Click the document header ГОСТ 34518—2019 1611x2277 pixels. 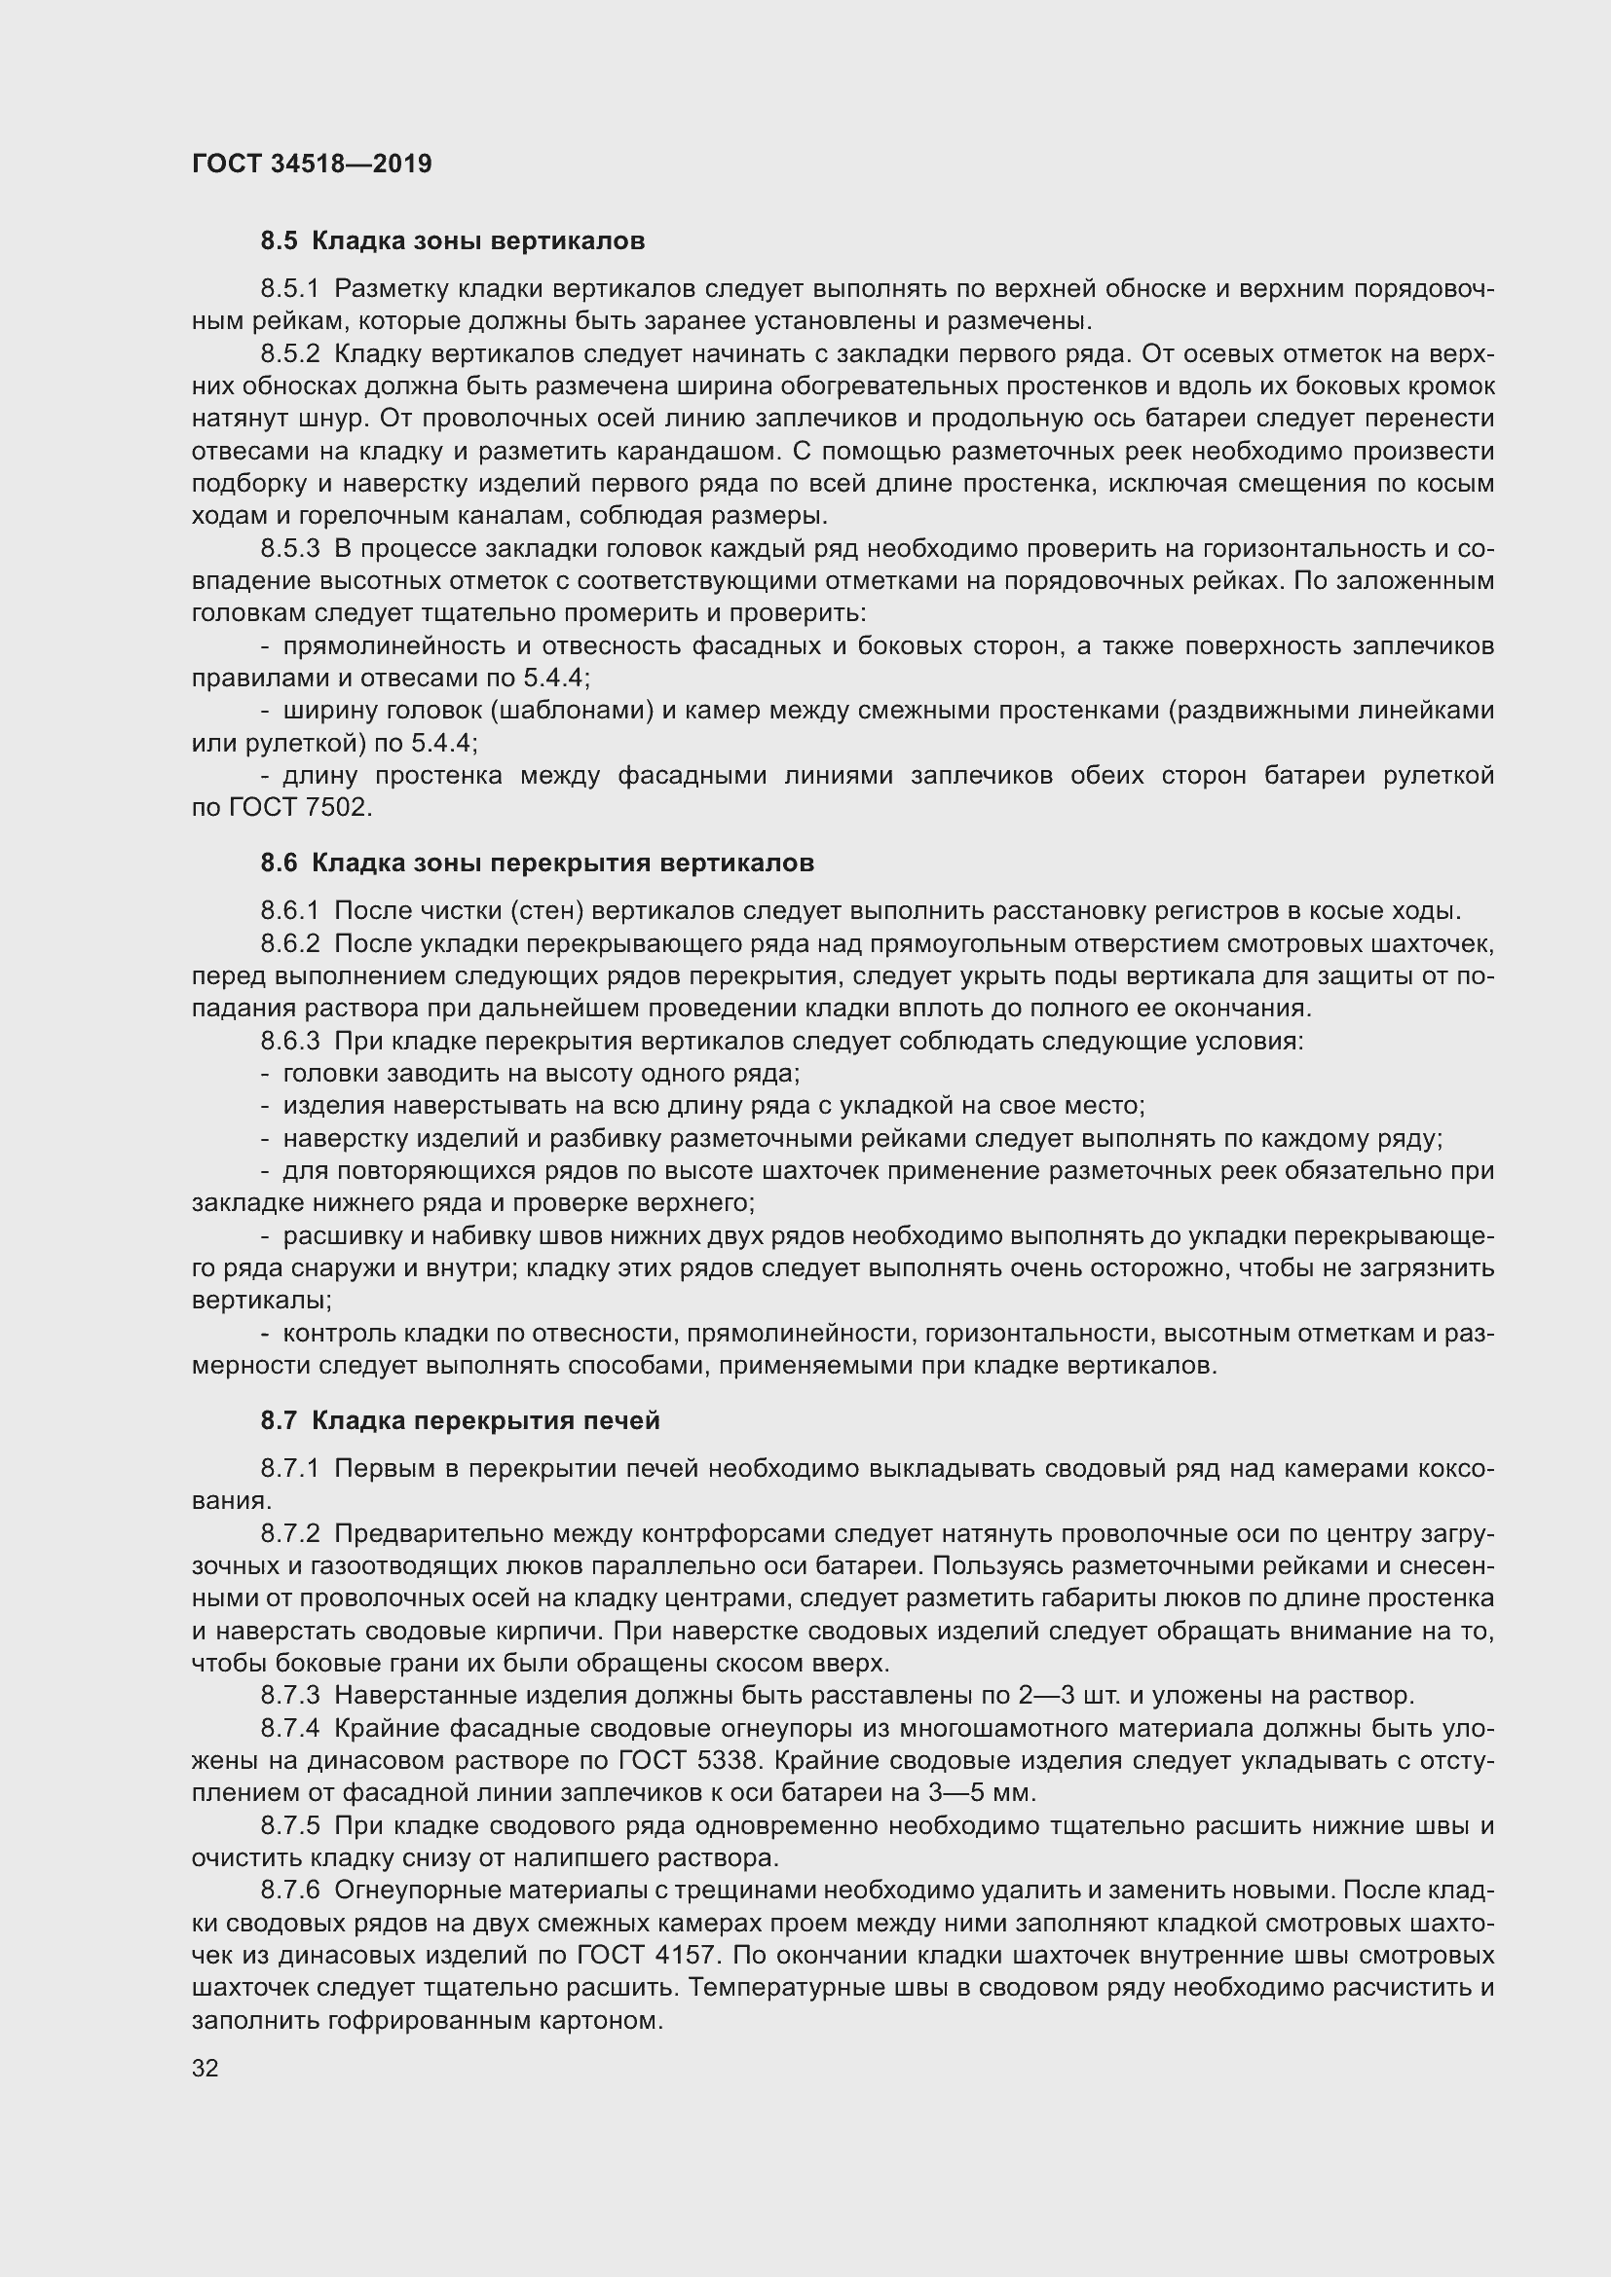click(x=312, y=164)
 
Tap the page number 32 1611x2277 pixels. click(x=206, y=2069)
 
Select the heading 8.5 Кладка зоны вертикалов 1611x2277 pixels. click(x=452, y=241)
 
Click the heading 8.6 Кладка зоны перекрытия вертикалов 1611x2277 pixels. click(x=537, y=863)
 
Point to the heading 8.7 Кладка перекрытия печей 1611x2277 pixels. click(x=461, y=1421)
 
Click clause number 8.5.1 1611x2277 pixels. click(x=289, y=288)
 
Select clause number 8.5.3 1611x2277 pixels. click(x=289, y=548)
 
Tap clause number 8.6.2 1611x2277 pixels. click(x=289, y=943)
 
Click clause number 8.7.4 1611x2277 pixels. click(x=289, y=1729)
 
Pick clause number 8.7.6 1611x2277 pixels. click(x=289, y=1891)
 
